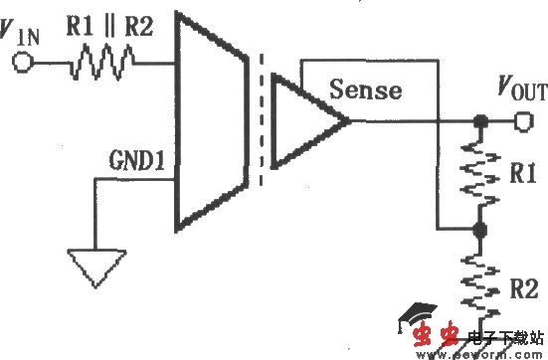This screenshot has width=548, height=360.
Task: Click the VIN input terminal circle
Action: pos(23,64)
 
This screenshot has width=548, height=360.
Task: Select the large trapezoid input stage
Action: pos(211,119)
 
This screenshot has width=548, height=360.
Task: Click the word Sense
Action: pos(367,90)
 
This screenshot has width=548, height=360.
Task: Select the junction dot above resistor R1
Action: pos(480,122)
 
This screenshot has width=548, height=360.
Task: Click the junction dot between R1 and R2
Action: pos(480,229)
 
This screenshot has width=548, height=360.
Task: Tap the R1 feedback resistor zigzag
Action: pos(480,175)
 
